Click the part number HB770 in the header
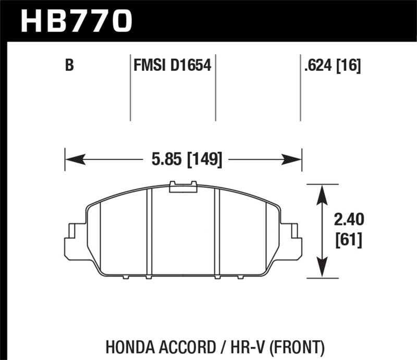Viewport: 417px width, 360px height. coord(76,20)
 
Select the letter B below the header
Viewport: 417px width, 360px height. coord(69,66)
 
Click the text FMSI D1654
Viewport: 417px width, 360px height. coord(172,66)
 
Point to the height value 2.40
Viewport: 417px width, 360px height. coord(349,221)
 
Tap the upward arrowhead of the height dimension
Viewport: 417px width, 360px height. coord(324,192)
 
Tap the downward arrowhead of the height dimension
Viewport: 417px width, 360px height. coord(324,269)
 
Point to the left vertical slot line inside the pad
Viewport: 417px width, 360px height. coord(149,232)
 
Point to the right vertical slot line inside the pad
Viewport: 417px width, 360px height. coord(218,232)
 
